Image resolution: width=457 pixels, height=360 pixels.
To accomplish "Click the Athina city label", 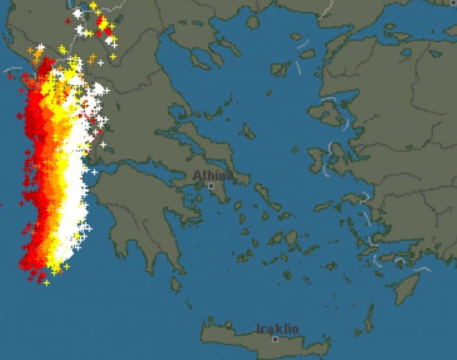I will click(x=212, y=176).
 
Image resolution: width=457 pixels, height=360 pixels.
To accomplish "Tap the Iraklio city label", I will click(x=277, y=329).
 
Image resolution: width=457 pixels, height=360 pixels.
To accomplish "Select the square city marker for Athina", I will click(x=211, y=186).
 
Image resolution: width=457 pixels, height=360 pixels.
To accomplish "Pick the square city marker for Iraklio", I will click(x=275, y=339).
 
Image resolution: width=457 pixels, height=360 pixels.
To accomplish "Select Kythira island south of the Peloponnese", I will click(x=176, y=285).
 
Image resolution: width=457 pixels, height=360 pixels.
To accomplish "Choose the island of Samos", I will click(x=358, y=197).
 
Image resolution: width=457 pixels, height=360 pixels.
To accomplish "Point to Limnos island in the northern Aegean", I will click(x=280, y=68).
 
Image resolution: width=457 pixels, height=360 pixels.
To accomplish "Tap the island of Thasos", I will click(x=253, y=22).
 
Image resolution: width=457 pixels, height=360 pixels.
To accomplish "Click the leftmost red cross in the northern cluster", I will click(x=68, y=22).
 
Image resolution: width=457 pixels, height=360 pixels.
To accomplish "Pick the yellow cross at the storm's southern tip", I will click(x=46, y=282).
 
